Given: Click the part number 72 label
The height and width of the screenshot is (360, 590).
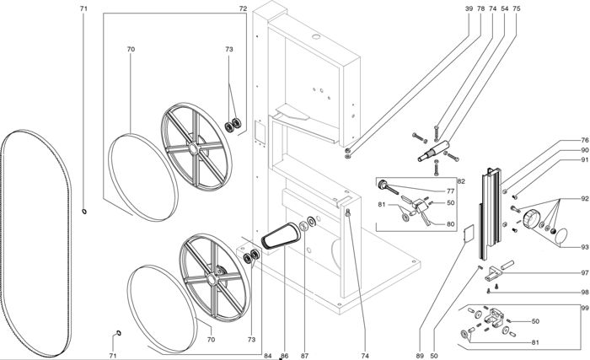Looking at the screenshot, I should (243, 8).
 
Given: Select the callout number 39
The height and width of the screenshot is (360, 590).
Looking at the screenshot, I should (469, 8).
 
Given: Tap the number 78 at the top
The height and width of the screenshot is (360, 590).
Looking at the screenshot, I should (480, 8).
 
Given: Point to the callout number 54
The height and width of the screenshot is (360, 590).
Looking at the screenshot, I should (504, 8).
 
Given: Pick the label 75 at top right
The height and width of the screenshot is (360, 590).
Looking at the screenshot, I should (516, 8).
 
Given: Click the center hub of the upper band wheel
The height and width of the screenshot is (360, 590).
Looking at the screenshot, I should (196, 150).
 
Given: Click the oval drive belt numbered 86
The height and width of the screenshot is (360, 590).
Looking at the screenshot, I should (278, 237).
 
